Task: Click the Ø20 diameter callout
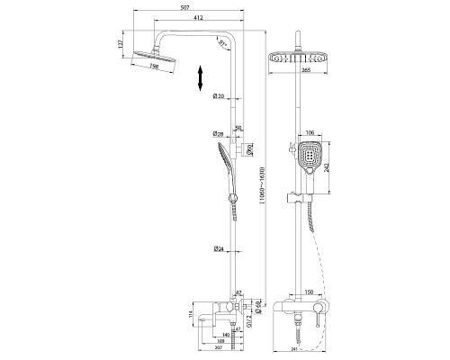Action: click(x=218, y=96)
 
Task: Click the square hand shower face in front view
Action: click(x=310, y=160)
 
